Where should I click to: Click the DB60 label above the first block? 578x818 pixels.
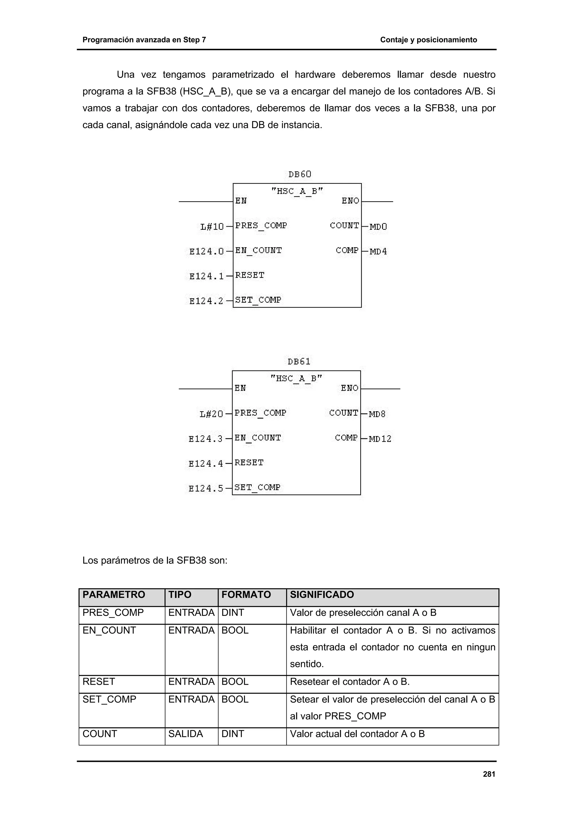pyautogui.click(x=299, y=174)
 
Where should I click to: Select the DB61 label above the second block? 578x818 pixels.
pyautogui.click(x=299, y=362)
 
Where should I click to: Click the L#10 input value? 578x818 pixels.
pyautogui.click(x=212, y=227)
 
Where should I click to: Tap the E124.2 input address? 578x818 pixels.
pyautogui.click(x=206, y=301)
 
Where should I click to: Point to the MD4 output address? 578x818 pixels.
pyautogui.click(x=378, y=251)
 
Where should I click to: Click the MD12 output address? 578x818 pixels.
pyautogui.click(x=380, y=439)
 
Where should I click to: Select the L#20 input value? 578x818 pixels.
pyautogui.click(x=211, y=414)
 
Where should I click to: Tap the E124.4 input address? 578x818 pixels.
pyautogui.click(x=205, y=463)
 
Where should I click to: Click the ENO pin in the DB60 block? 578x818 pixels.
pyautogui.click(x=351, y=201)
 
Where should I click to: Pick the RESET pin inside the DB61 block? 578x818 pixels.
pyautogui.click(x=249, y=462)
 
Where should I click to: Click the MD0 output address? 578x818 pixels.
pyautogui.click(x=378, y=227)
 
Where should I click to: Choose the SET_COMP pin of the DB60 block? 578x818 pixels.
pyautogui.click(x=258, y=300)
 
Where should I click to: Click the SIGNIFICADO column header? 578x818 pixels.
pyautogui.click(x=322, y=595)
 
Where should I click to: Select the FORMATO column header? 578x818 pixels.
pyautogui.click(x=246, y=595)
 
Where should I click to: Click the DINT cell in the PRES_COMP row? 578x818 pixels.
pyautogui.click(x=233, y=613)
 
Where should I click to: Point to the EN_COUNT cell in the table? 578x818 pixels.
pyautogui.click(x=109, y=630)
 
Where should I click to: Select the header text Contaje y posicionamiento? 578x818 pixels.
pyautogui.click(x=428, y=40)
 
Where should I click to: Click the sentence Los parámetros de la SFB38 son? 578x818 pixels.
pyautogui.click(x=155, y=560)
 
